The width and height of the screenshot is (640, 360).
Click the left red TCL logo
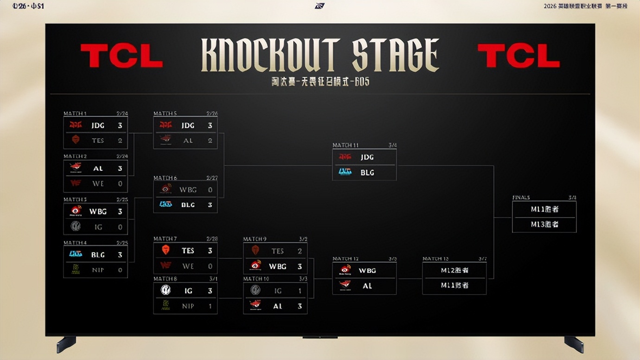[122, 56]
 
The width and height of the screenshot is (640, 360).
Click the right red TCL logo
[518, 56]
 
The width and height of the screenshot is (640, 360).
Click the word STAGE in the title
[395, 55]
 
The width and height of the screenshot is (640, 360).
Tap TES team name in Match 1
[98, 140]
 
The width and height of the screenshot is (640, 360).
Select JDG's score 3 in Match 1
[120, 125]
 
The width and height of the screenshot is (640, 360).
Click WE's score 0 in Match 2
[120, 183]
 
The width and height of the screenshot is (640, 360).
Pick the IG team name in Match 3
[98, 227]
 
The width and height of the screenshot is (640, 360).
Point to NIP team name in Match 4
[98, 270]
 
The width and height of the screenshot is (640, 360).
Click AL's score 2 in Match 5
[210, 140]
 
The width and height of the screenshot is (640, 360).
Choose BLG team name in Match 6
[188, 205]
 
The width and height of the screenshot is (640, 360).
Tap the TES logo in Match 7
[166, 250]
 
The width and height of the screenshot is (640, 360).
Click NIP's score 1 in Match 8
[210, 306]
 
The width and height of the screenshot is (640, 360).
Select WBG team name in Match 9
[277, 266]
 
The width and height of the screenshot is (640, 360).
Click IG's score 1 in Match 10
[300, 291]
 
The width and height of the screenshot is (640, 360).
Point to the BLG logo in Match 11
[345, 172]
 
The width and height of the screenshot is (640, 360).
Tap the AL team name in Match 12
[367, 286]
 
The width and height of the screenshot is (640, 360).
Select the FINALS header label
[521, 198]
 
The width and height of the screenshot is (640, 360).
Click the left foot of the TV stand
[66, 344]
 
